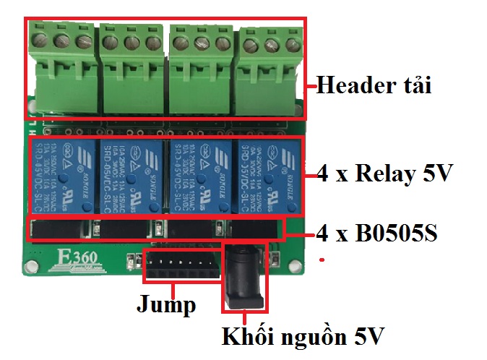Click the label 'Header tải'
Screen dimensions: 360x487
(374, 87)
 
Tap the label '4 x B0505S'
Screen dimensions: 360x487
(376, 233)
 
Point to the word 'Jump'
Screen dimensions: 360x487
(166, 304)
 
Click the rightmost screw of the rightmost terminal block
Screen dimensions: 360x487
(292, 45)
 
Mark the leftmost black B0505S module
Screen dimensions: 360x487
(61, 230)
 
